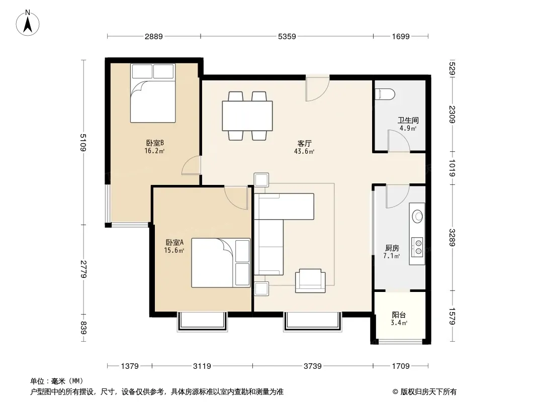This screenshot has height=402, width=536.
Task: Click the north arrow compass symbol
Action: (x=28, y=23)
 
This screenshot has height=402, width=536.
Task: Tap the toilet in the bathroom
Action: (x=385, y=93)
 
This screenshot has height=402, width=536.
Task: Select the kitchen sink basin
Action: (x=417, y=216)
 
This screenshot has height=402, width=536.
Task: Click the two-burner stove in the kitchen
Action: (x=417, y=247)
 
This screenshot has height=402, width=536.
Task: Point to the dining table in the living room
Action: (x=247, y=116)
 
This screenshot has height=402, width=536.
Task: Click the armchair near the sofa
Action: (x=310, y=281)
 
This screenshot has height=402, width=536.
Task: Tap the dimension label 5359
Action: (x=287, y=36)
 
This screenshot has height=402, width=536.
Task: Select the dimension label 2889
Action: (x=153, y=36)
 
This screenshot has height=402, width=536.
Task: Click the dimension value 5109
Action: (x=83, y=142)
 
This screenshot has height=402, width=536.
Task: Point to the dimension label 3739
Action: (x=312, y=366)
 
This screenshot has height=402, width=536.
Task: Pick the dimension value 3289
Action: (x=452, y=237)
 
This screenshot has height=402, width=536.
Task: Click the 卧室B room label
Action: (x=155, y=143)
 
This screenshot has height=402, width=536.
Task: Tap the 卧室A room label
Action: (x=174, y=243)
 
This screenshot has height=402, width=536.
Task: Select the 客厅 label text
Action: (x=304, y=143)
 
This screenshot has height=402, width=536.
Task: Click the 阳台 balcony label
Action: (x=399, y=315)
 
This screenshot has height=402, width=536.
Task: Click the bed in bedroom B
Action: (x=153, y=93)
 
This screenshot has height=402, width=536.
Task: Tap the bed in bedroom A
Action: (x=221, y=263)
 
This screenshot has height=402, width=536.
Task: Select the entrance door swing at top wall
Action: (x=318, y=88)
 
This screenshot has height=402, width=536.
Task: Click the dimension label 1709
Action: (x=401, y=366)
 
